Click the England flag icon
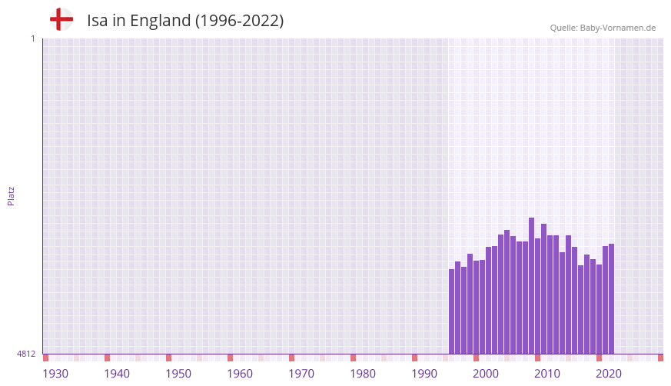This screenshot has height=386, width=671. coord(61,19)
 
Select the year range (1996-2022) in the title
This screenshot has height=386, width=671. coord(239,21)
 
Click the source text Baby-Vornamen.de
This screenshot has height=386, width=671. coord(618,28)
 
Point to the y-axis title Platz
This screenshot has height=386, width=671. coord(11,195)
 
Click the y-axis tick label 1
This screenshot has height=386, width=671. coord(32,38)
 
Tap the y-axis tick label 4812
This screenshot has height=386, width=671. coord(26,354)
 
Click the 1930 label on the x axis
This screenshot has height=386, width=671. coord(55,374)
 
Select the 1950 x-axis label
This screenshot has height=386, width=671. coord(178,374)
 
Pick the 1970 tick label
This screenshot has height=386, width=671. coord(301,374)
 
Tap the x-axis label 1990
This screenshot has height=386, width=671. coord(424,374)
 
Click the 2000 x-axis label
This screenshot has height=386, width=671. coord(486,374)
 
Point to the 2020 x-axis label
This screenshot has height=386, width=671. coord(609,374)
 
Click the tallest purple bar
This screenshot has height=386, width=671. coord(531,285)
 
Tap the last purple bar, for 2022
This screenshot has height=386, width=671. coord(611,299)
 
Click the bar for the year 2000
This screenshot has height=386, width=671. coord(477,307)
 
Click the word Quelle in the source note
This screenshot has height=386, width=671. coord(563,28)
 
